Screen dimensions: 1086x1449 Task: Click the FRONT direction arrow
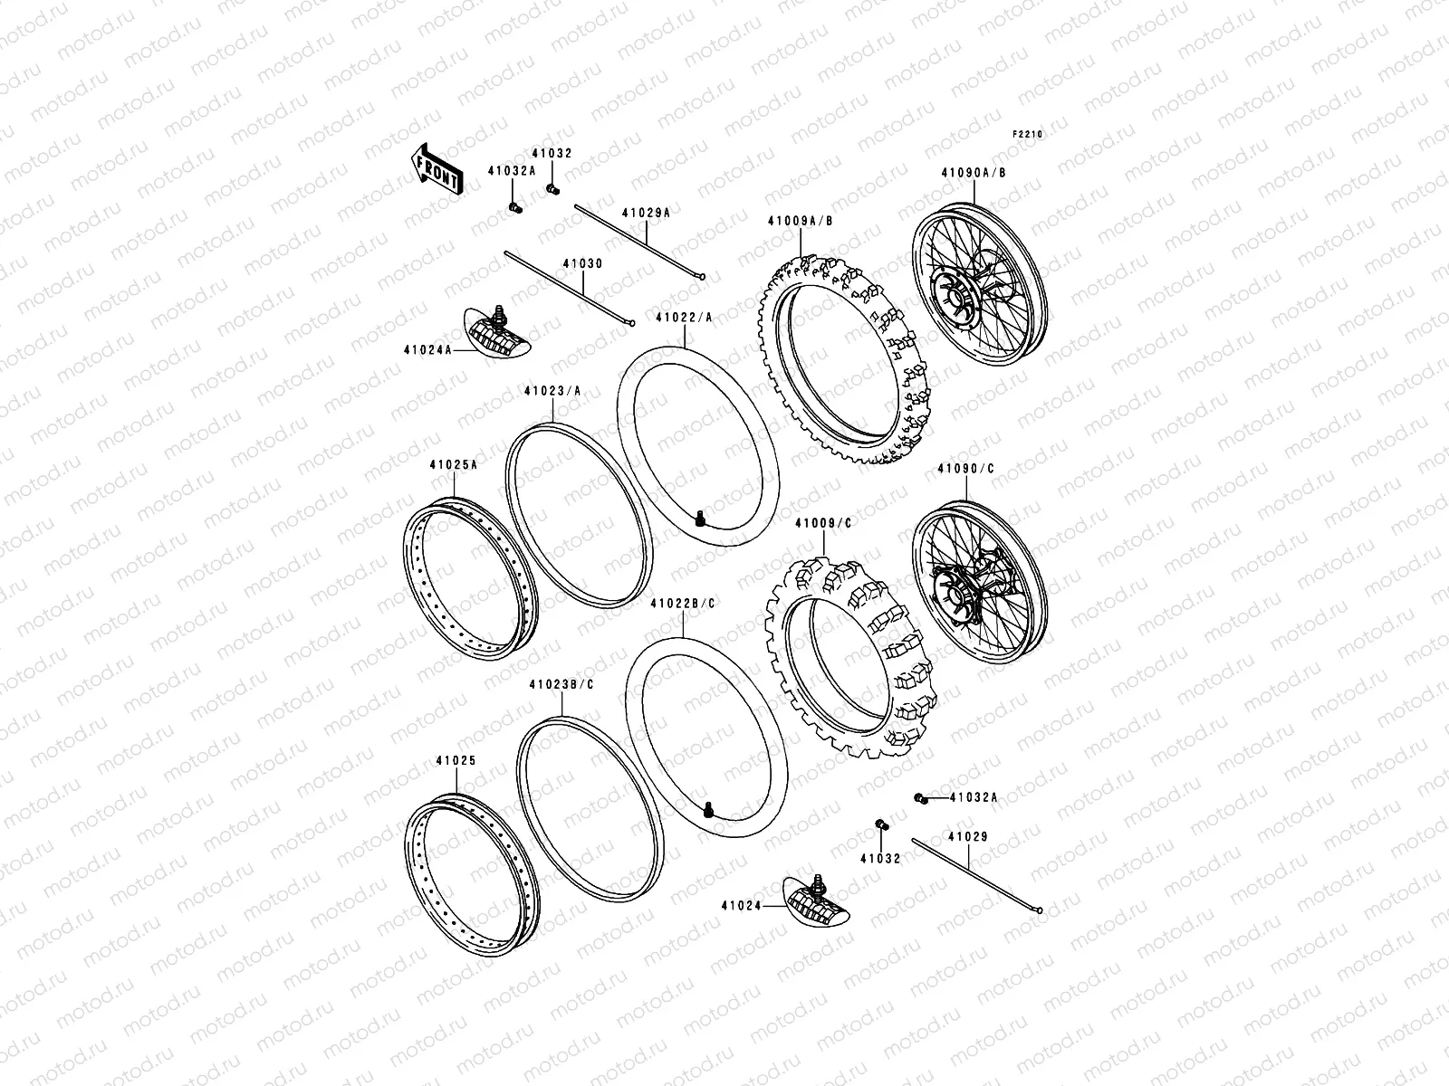[x=437, y=169]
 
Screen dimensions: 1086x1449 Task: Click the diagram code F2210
[x=1028, y=133]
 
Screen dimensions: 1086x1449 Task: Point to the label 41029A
[x=646, y=213]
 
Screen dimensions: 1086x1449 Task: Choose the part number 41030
[x=582, y=263]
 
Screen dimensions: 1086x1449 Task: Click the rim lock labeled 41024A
[x=497, y=336]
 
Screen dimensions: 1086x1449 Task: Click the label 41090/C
[x=965, y=469]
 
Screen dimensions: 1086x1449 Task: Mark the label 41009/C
[x=823, y=523]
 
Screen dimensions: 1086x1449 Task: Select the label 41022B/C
[x=682, y=602]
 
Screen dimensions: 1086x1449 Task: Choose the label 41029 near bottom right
[x=968, y=837]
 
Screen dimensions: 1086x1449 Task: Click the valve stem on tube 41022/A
[x=700, y=519]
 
